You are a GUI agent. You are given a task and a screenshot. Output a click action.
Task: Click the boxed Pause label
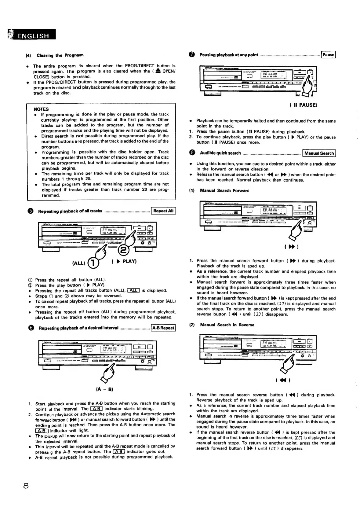(x=328, y=55)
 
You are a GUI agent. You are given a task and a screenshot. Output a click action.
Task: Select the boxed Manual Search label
(x=319, y=153)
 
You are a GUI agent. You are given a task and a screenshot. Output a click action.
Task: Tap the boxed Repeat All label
(x=163, y=211)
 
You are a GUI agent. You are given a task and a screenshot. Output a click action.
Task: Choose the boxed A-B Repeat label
(x=163, y=328)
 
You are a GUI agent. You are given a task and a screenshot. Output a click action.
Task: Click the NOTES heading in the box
(x=41, y=109)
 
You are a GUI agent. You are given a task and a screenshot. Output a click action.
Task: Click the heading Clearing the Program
(x=60, y=55)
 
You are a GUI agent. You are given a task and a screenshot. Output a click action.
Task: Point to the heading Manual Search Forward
(x=224, y=190)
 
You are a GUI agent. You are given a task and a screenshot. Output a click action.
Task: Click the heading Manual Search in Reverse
(x=227, y=325)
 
